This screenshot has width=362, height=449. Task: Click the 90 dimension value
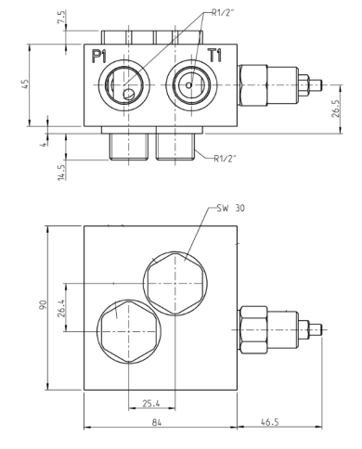click(x=44, y=306)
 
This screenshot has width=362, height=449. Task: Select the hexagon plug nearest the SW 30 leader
click(x=175, y=281)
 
